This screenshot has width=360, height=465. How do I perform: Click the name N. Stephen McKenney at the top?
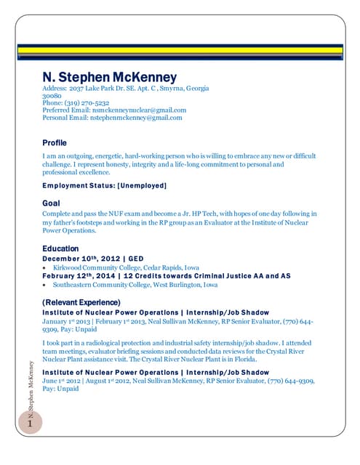click(x=109, y=77)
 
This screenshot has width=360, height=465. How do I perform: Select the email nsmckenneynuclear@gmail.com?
click(x=144, y=110)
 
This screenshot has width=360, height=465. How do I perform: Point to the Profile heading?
click(x=55, y=142)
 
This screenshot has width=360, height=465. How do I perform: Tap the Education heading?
click(x=60, y=248)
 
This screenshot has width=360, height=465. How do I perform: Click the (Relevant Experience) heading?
click(x=81, y=302)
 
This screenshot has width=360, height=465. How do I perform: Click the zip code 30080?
click(x=52, y=96)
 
